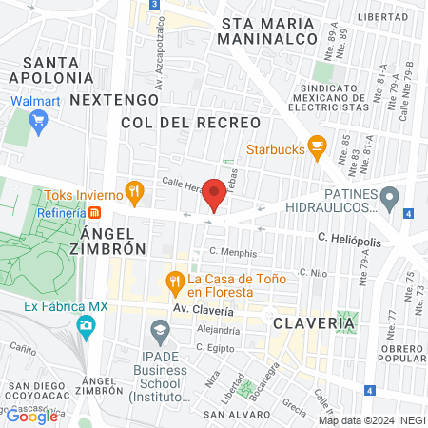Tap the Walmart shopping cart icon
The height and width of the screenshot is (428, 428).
click(38, 120)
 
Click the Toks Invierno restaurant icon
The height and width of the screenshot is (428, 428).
click(135, 188)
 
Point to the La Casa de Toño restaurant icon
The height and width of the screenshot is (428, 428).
click(174, 281)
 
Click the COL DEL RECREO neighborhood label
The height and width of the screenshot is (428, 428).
click(190, 123)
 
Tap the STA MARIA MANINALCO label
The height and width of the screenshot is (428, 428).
click(265, 30)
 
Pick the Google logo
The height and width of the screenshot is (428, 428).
click(31, 415)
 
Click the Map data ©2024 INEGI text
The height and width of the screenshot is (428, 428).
click(371, 419)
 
